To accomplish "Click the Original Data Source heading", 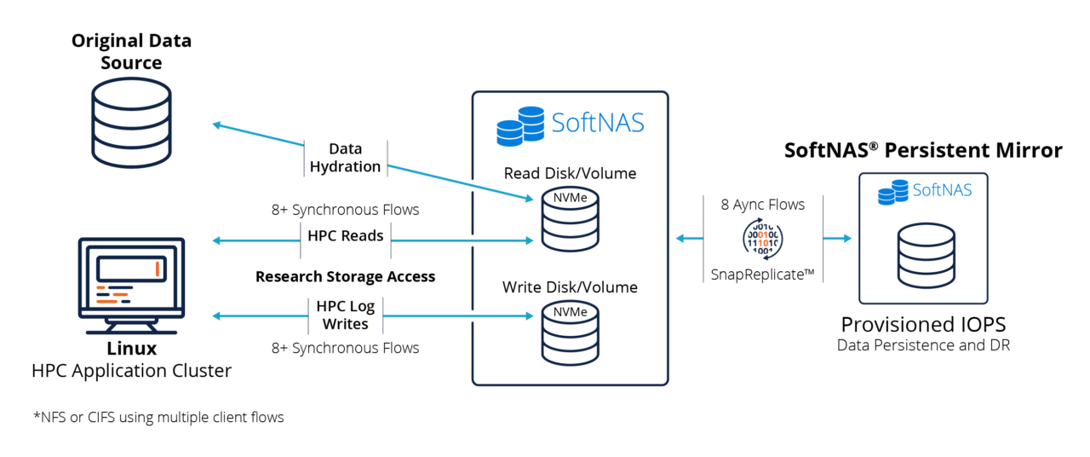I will tap(131, 51).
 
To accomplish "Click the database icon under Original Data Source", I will tap(131, 124).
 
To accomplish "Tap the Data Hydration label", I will tap(345, 158).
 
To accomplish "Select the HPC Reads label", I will tap(345, 235).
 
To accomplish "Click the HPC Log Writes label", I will tap(345, 315).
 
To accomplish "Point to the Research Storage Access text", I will tap(345, 276).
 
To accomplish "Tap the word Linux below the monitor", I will tap(131, 349).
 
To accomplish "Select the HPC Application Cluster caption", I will tap(131, 371).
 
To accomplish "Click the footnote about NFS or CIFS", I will tap(158, 417).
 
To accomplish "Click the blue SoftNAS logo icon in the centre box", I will tap(520, 125).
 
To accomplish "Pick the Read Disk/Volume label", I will tap(570, 174).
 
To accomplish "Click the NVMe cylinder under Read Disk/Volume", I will tap(570, 221).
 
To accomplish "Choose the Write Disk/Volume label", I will tap(570, 287).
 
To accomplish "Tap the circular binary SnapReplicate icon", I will tap(762, 239).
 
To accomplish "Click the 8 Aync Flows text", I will tap(762, 204).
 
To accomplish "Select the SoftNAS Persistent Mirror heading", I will tap(923, 151).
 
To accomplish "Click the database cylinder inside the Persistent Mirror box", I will tap(923, 255).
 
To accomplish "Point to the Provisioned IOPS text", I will tap(923, 325).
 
